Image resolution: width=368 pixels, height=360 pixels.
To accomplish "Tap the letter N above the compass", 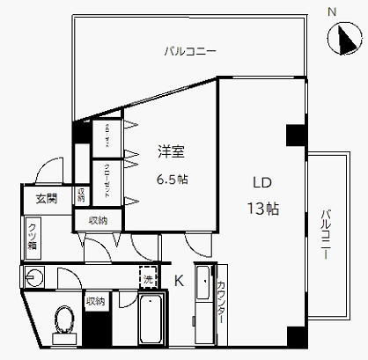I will point(333,11).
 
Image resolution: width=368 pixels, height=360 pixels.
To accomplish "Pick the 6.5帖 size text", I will point(173,179).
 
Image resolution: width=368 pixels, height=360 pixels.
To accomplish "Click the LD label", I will point(261,184).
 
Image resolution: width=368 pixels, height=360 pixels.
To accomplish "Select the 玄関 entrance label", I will point(46,199).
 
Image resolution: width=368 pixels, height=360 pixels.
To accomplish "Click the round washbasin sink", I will point(34,280).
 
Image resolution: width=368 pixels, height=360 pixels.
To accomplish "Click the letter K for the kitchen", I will point(178,282).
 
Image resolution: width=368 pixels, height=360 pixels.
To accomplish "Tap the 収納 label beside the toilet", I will point(95,302).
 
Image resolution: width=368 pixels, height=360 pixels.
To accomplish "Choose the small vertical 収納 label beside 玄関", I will point(80,195).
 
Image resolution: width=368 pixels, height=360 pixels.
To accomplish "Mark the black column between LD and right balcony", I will point(294,136).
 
